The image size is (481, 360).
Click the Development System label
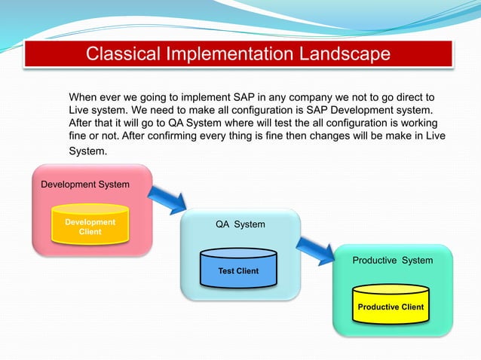pyautogui.click(x=84, y=185)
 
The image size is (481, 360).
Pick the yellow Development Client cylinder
pyautogui.click(x=90, y=227)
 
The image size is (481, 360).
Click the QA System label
pyautogui.click(x=240, y=224)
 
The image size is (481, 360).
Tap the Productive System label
pyautogui.click(x=393, y=261)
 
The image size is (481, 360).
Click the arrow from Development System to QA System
pyautogui.click(x=167, y=199)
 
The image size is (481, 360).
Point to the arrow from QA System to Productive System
pyautogui.click(x=315, y=248)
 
